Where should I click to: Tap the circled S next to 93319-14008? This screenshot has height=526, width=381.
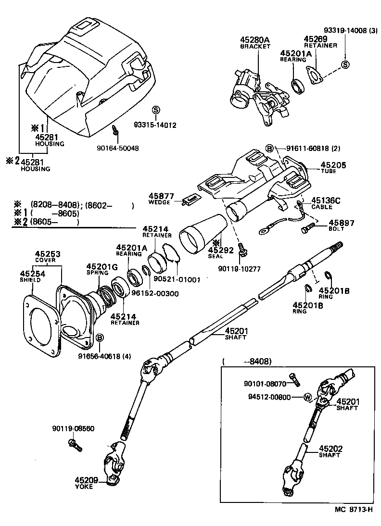[344, 65]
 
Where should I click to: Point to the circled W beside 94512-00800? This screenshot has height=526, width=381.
[306, 397]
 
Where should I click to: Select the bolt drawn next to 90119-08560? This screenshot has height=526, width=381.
[75, 445]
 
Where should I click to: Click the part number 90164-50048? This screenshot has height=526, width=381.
[117, 148]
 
